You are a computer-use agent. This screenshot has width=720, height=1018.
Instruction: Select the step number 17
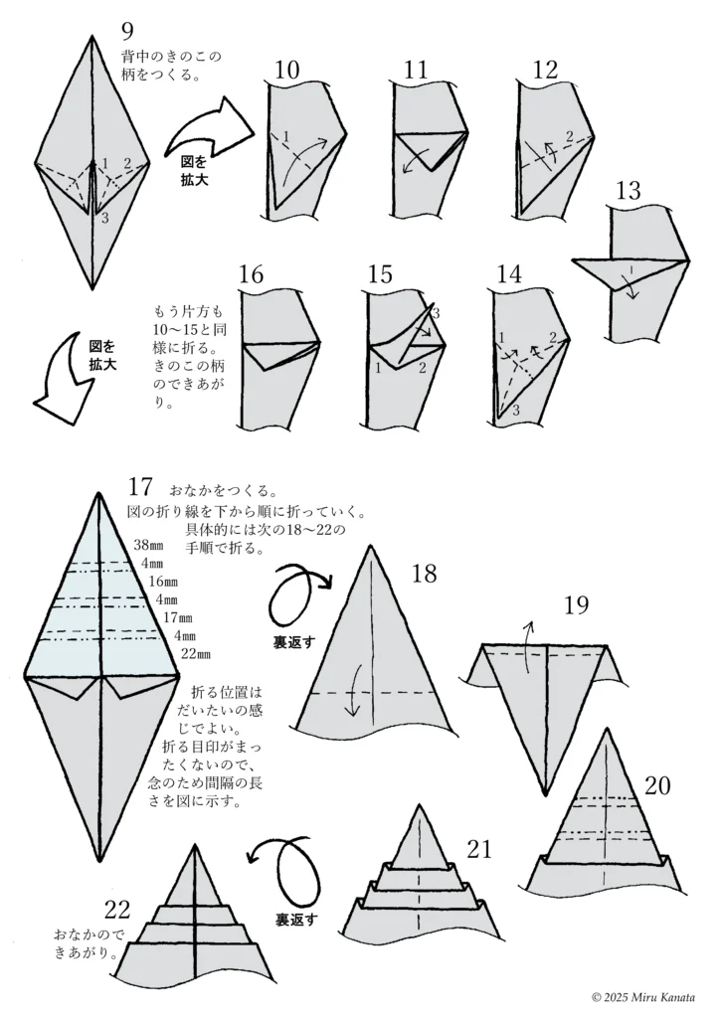(x=140, y=488)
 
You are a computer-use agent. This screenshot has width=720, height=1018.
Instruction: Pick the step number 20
(x=657, y=786)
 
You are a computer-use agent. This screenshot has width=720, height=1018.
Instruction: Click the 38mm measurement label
(x=149, y=544)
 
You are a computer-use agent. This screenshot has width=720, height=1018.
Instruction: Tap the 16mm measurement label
(x=163, y=581)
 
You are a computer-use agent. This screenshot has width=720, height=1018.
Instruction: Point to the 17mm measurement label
(x=179, y=617)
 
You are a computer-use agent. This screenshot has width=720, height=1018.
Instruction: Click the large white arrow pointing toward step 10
(x=206, y=126)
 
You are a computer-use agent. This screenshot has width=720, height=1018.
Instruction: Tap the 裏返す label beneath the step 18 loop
(x=294, y=643)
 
